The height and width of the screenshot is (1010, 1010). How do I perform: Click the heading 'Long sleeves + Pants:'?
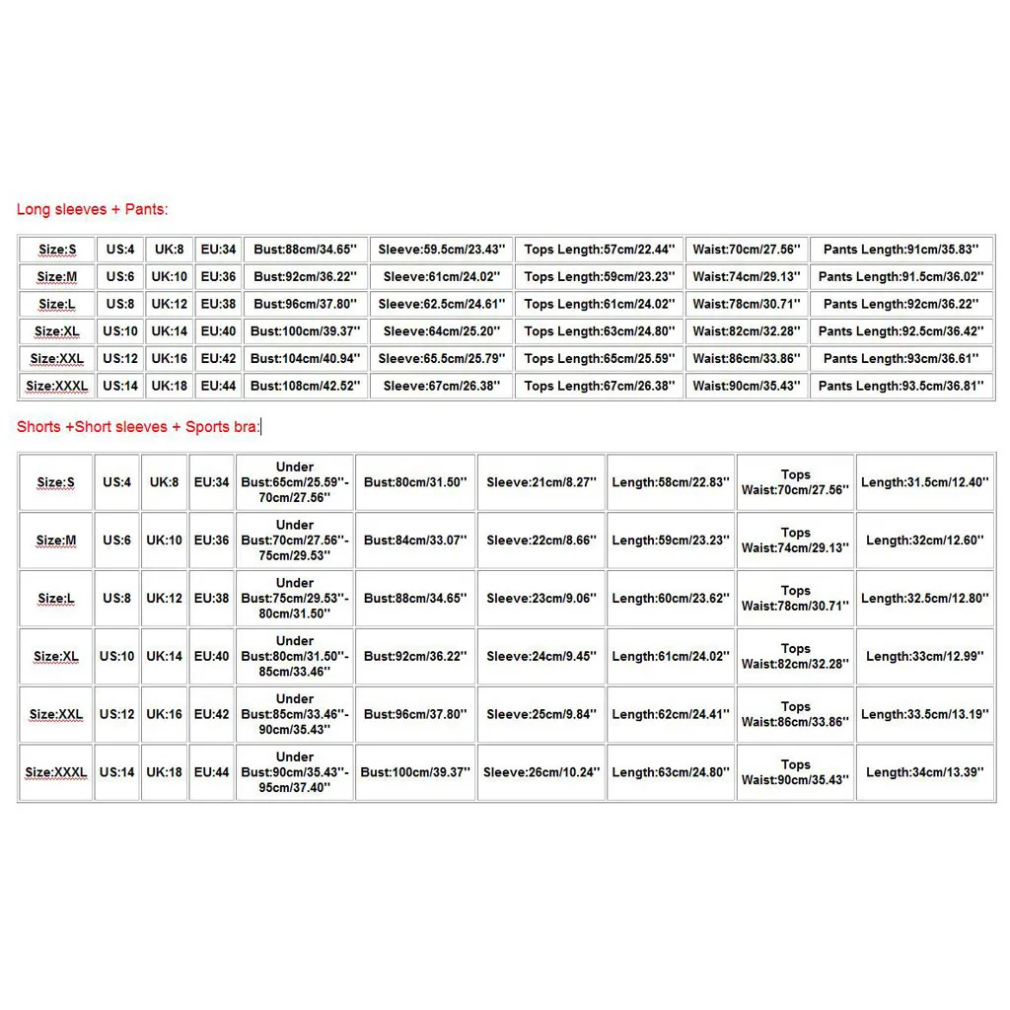[93, 209]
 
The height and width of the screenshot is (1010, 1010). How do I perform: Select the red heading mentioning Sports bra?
[138, 427]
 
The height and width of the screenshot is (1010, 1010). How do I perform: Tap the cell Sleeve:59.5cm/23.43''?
[442, 250]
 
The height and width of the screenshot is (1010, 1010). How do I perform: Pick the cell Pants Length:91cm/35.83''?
[902, 250]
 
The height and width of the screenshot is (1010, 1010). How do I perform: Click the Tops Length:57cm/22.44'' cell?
[599, 250]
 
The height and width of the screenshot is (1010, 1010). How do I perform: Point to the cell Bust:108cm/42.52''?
[305, 386]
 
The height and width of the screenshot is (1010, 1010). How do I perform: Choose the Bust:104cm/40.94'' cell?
[305, 358]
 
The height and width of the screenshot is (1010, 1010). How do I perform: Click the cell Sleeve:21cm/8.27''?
[541, 482]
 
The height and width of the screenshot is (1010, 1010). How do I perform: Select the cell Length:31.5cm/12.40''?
[924, 482]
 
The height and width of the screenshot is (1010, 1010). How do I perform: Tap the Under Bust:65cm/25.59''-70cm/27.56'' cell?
[295, 482]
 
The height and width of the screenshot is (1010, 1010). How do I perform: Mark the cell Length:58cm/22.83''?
[671, 482]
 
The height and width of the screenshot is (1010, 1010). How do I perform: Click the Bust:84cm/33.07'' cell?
[415, 541]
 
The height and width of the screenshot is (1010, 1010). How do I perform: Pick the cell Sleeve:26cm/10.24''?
[541, 772]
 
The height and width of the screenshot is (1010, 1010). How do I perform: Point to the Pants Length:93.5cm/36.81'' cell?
[902, 386]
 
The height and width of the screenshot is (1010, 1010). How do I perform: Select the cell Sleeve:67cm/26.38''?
[442, 386]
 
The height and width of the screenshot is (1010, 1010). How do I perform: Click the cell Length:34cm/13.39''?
[924, 772]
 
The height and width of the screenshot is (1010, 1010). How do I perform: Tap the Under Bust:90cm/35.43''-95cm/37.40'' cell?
[295, 772]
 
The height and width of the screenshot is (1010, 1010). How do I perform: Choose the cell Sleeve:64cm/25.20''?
[442, 331]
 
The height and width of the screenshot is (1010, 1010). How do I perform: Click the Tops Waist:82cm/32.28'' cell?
[795, 656]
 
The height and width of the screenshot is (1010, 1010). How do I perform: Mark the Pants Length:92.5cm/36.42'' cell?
[902, 331]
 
